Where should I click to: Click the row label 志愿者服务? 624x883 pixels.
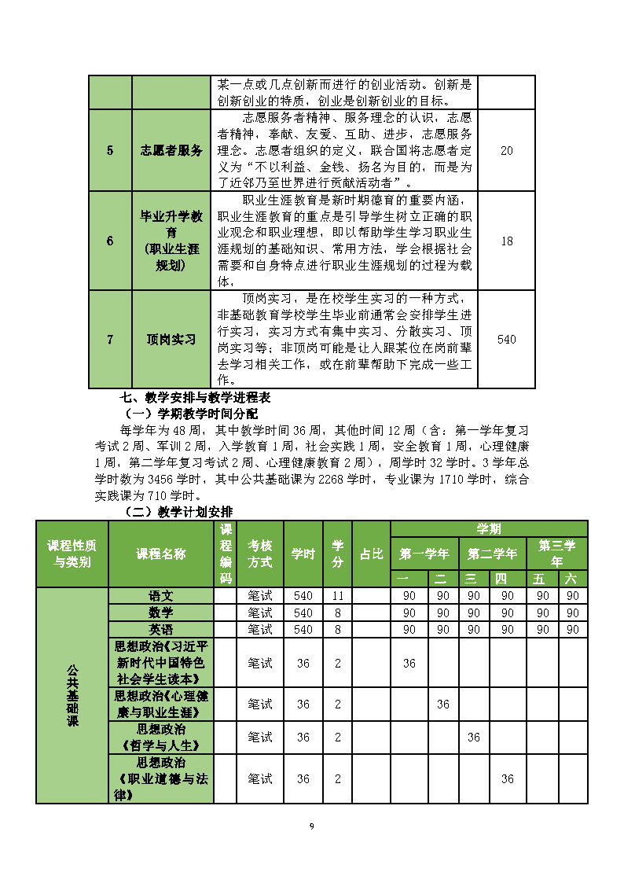[171, 150]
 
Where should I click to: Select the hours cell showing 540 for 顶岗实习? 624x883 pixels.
[506, 340]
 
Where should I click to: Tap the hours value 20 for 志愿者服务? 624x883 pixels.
[506, 150]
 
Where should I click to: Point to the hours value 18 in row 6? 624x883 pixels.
[506, 241]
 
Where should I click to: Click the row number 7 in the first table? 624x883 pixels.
[110, 340]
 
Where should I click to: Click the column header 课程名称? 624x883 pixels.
[161, 554]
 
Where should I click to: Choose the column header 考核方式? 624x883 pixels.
[260, 554]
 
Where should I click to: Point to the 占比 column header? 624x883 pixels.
[372, 554]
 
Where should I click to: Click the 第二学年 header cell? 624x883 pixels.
[493, 554]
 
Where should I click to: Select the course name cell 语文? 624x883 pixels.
[161, 595]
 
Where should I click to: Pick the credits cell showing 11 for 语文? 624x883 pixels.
[338, 595]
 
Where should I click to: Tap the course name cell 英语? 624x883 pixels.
[161, 629]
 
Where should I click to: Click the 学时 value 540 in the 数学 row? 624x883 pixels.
[303, 613]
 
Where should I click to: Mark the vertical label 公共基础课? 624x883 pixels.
[72, 695]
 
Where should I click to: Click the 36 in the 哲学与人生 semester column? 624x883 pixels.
[474, 738]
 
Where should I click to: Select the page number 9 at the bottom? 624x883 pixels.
[312, 826]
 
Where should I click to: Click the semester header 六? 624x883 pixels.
[573, 579]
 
